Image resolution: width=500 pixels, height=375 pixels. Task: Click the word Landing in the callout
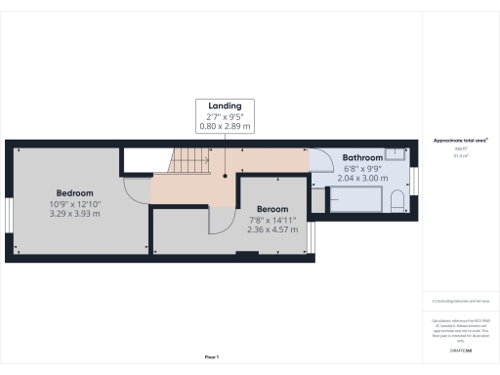[226, 105]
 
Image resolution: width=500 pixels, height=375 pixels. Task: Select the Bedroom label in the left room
[74, 192]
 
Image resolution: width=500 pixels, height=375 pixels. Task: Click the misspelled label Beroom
[273, 209]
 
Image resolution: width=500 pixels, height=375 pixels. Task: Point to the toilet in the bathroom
[396, 202]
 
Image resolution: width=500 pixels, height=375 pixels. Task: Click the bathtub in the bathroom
[356, 201]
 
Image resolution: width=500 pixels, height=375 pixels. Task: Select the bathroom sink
[394, 152]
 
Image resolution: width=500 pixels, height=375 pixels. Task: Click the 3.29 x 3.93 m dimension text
[74, 214]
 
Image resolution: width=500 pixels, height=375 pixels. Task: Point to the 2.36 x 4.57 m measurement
[273, 231]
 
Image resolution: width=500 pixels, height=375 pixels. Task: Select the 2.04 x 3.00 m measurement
[361, 179]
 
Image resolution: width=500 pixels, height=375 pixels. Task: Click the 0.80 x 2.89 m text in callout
[226, 127]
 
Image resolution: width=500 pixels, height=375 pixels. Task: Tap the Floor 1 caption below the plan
[212, 358]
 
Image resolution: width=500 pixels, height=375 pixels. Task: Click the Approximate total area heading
[460, 141]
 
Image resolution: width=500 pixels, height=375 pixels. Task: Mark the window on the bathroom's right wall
[413, 180]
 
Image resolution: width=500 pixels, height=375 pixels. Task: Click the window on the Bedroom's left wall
[9, 213]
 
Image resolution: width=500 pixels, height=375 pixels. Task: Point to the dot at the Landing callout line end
[226, 177]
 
